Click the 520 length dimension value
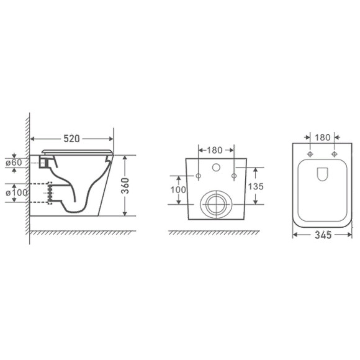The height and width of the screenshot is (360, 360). [x=71, y=138]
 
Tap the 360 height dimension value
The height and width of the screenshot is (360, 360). [x=125, y=186]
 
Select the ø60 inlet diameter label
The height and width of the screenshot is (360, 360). [x=14, y=163]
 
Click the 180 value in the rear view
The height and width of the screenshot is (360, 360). [x=215, y=150]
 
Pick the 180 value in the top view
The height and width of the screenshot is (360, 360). [x=322, y=138]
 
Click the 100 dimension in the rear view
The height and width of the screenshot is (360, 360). [x=178, y=190]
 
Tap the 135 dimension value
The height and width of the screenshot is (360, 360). [x=256, y=186]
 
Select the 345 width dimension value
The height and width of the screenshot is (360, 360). [x=323, y=235]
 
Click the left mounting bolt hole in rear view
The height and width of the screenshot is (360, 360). [x=199, y=176]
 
